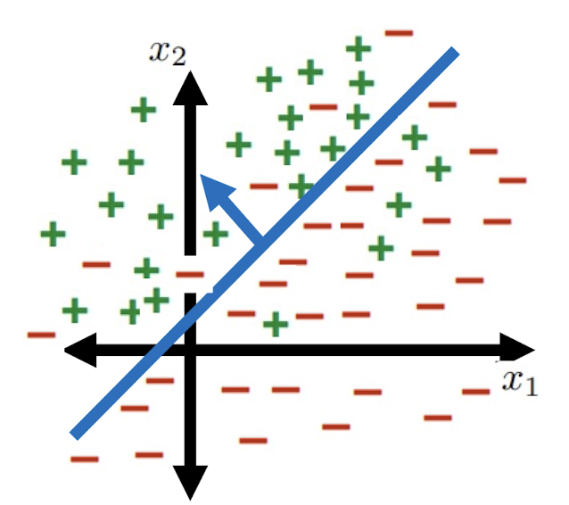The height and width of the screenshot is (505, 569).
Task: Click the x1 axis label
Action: [520, 381]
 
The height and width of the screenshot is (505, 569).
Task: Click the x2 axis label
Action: [169, 53]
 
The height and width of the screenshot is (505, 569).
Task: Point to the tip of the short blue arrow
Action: [204, 179]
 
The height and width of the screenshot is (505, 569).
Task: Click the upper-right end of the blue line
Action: [455, 52]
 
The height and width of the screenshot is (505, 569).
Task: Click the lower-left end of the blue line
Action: [74, 435]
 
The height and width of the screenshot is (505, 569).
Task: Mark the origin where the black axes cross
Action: [189, 347]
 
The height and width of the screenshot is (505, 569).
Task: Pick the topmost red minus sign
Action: [399, 34]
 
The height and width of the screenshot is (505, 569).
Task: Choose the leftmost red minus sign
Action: [41, 335]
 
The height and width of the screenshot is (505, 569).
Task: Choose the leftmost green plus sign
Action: [54, 236]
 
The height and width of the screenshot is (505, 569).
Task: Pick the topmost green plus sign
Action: [358, 47]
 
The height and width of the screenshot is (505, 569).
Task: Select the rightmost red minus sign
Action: [513, 181]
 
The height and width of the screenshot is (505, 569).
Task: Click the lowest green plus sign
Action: [276, 324]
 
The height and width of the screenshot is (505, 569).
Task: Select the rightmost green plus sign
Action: [438, 168]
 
